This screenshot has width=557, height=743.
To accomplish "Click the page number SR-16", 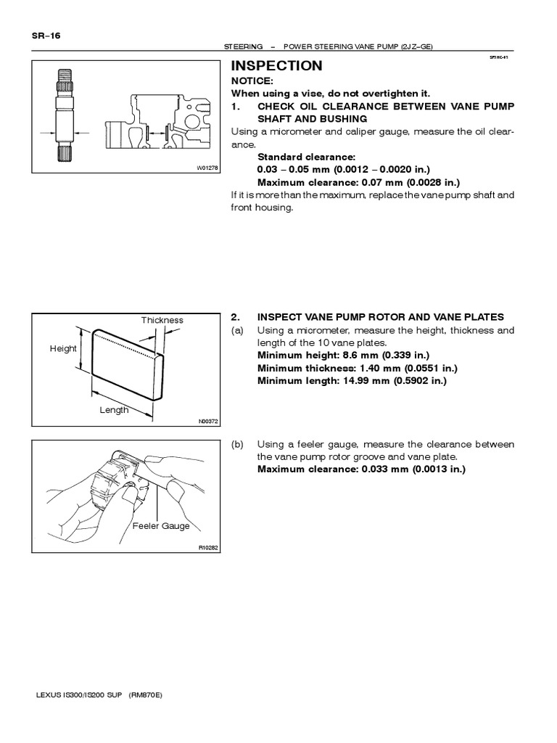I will pos(45,35).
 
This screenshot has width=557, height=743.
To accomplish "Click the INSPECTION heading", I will pos(276,66).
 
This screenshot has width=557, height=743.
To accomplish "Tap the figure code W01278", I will pos(207,168).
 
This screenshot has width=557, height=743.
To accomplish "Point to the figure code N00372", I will pos(207,421).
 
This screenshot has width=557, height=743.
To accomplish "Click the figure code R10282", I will pos(207,548).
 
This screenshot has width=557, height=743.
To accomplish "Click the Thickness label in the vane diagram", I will pos(162,320).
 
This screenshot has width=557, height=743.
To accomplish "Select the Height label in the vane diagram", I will pos(63,348).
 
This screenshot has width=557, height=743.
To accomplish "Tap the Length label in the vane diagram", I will pos(114,410).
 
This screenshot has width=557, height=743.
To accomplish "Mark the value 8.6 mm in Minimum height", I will pos(347,356).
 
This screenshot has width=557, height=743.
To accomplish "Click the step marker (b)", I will pos(237,445).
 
